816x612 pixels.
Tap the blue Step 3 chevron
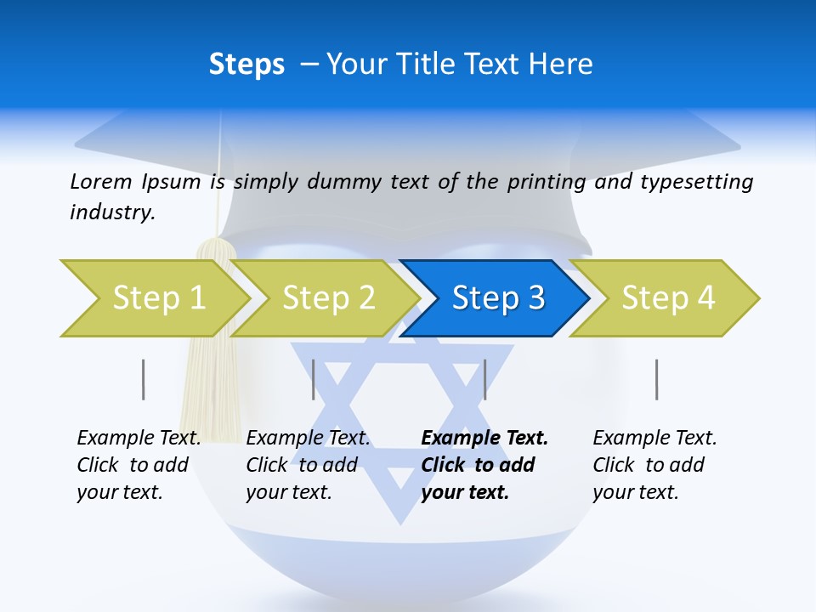point(497,298)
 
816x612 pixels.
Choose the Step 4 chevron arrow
point(667,298)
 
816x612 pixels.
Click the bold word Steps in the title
point(246,65)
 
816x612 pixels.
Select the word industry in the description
point(112,212)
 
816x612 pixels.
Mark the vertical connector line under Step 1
point(144,379)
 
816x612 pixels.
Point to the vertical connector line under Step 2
point(314,379)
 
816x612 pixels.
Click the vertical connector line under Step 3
point(484,379)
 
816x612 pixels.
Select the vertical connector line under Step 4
point(656,379)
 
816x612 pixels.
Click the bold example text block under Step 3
point(484,465)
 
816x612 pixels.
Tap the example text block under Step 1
point(139,465)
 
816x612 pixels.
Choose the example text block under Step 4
point(654,465)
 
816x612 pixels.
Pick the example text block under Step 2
point(308,465)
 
